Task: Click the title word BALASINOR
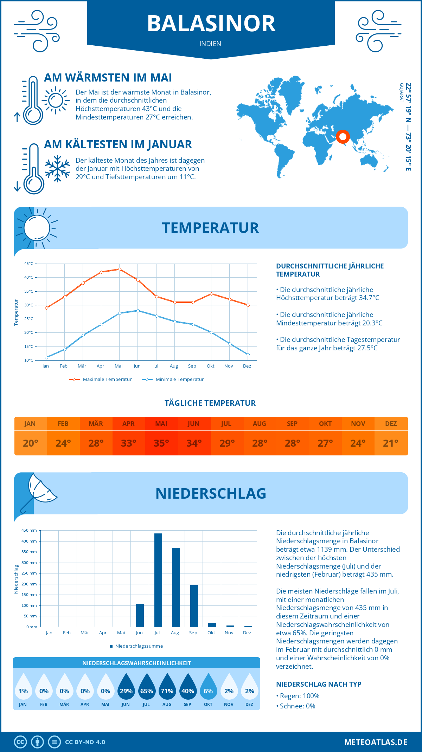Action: [x=211, y=24]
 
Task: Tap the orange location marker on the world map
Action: [x=343, y=136]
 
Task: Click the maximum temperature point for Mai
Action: [x=120, y=269]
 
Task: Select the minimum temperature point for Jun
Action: [x=138, y=311]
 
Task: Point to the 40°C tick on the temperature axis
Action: [x=29, y=277]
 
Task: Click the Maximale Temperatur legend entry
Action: [x=101, y=380]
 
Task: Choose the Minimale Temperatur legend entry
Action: [x=173, y=380]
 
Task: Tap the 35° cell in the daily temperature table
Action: [x=161, y=443]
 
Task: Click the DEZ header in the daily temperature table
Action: [x=391, y=424]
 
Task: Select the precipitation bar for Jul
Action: [x=158, y=580]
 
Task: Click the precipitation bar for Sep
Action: [x=194, y=606]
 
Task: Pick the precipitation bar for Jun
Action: [x=140, y=615]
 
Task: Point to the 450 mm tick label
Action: [x=29, y=530]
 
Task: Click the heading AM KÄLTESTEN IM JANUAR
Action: [x=118, y=144]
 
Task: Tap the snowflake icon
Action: [x=57, y=168]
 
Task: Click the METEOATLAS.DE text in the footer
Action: [x=376, y=742]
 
